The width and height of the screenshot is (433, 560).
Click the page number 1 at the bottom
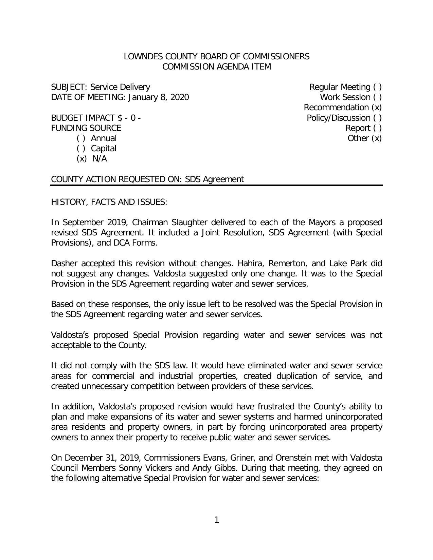(217, 520)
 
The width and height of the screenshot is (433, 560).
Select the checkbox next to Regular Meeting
(377, 87)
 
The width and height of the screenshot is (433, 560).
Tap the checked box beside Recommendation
(377, 108)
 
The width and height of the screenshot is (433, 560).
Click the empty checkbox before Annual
(81, 138)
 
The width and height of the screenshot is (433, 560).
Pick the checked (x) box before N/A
(82, 159)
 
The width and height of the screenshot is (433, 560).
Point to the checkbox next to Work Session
(377, 97)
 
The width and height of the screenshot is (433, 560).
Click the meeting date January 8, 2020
(158, 97)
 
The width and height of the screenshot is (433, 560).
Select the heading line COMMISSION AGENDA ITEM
(217, 67)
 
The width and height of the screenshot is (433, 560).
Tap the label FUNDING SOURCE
(86, 128)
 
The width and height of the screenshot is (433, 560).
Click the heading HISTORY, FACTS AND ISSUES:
(109, 202)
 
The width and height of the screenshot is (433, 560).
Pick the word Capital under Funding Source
(104, 149)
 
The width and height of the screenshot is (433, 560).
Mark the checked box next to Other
(377, 138)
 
